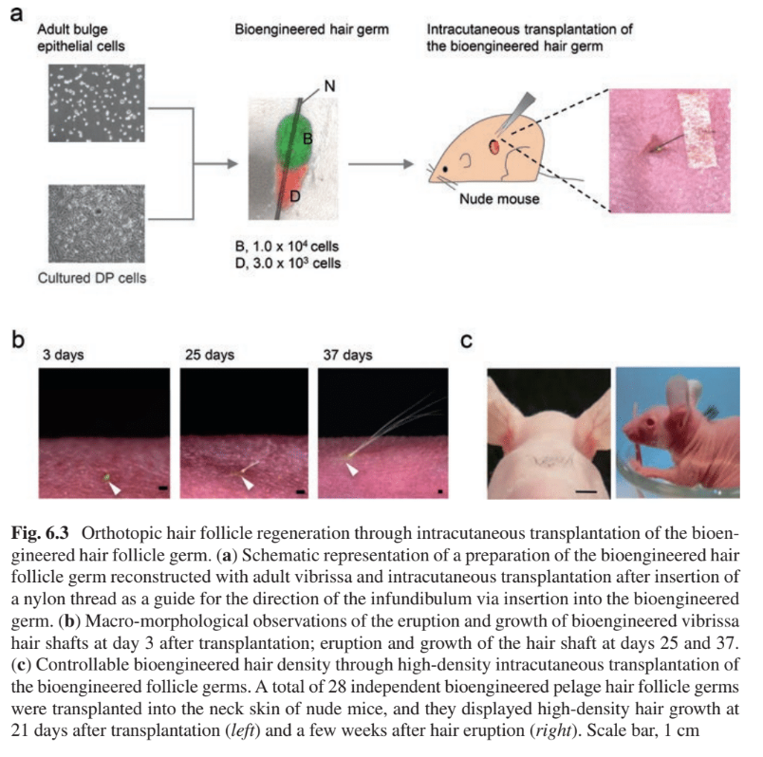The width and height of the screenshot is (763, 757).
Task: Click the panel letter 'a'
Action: pos(16,16)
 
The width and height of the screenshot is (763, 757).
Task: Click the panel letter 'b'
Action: pos(16,338)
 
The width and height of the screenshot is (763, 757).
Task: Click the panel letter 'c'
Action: pos(466,339)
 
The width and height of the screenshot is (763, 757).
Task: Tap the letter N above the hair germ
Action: pos(328,86)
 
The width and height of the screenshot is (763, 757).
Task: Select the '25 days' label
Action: pos(204,356)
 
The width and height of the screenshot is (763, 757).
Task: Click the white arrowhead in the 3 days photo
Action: pos(115,487)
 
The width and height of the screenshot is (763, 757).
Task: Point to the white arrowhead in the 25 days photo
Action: pos(248,482)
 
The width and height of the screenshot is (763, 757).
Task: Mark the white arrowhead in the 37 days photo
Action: pos(352,469)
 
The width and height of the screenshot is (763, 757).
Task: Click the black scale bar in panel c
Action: pos(586,492)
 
